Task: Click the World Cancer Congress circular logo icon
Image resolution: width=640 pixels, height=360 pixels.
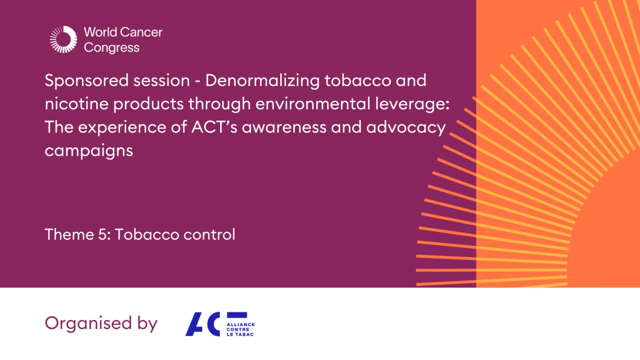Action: point(63,39)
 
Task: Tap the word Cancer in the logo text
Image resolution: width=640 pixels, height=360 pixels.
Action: point(143,32)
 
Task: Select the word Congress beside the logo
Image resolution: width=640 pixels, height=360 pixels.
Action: point(112,48)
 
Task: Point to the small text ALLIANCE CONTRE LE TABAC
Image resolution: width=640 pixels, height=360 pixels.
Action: point(240,330)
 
